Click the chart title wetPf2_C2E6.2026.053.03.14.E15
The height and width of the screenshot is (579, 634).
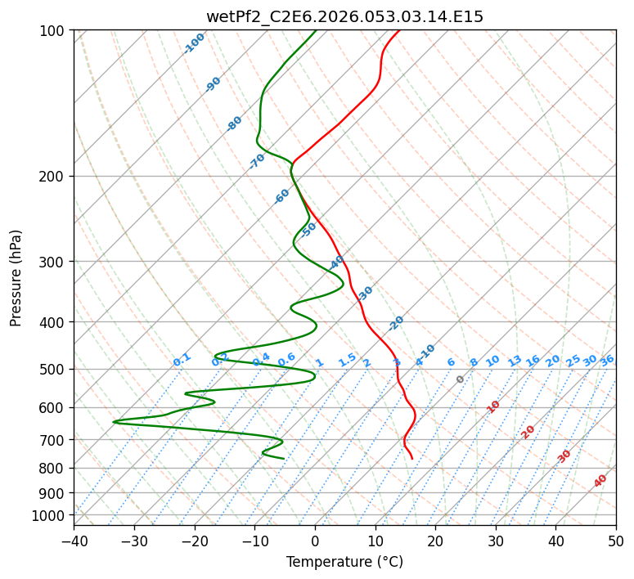pos(344,16)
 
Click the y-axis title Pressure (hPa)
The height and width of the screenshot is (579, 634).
pos(16,278)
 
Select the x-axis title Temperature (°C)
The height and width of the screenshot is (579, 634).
pos(344,563)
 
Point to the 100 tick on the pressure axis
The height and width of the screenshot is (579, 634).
pos(54,31)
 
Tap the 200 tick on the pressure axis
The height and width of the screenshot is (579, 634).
pos(54,177)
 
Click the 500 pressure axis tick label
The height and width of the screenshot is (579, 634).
pos(54,370)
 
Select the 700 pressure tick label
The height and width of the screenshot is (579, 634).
pos(54,440)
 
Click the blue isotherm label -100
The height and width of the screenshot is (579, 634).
pos(194,43)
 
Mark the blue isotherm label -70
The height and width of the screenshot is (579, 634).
pos(257,161)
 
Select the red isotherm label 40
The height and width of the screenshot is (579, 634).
pos(600,481)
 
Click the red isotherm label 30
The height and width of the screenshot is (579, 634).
pos(564,456)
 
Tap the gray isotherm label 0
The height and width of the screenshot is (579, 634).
pos(461,379)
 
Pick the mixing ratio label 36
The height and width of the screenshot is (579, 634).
pos(607,360)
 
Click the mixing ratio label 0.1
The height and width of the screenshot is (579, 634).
pos(182,360)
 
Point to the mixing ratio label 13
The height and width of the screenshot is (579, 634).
pos(515,361)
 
